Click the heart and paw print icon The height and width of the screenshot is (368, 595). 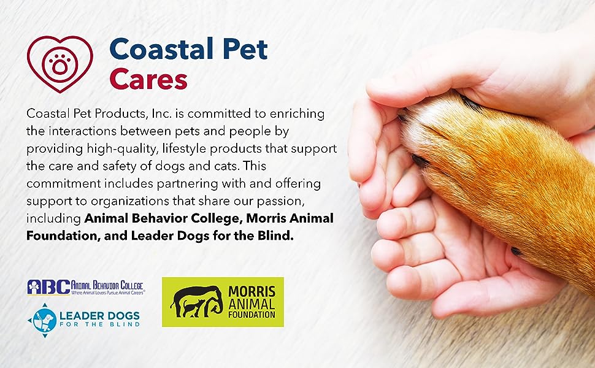pyautogui.click(x=60, y=64)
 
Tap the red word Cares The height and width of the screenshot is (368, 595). pyautogui.click(x=148, y=80)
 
